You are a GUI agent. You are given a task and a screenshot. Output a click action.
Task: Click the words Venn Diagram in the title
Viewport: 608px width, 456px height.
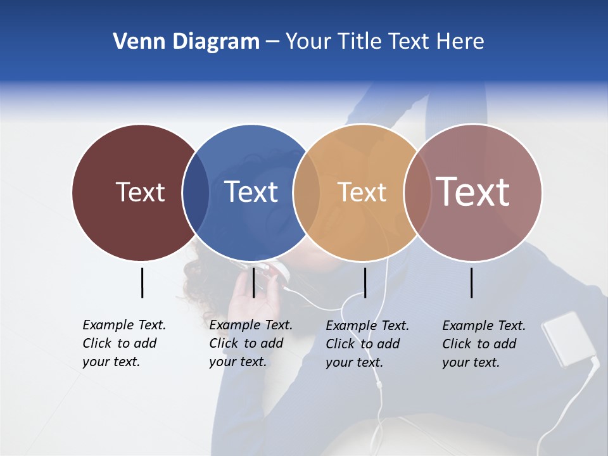pyautogui.click(x=186, y=42)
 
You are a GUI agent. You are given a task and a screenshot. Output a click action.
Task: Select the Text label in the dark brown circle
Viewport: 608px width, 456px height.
pyautogui.click(x=140, y=192)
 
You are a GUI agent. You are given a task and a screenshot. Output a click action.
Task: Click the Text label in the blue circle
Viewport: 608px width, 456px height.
pyautogui.click(x=251, y=192)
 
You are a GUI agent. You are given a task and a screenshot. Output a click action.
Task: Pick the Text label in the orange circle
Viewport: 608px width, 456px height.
pyautogui.click(x=362, y=192)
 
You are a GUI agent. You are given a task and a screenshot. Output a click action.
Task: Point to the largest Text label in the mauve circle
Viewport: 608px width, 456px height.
pyautogui.click(x=473, y=191)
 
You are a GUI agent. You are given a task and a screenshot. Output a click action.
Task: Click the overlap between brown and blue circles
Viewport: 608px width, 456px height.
pyautogui.click(x=196, y=192)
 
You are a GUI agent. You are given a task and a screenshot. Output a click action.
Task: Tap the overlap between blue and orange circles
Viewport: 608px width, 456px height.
pyautogui.click(x=307, y=192)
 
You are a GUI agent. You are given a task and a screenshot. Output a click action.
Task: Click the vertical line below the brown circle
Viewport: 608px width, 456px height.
pyautogui.click(x=142, y=282)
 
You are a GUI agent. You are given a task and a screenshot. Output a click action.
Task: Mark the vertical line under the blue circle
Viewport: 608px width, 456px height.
pyautogui.click(x=253, y=282)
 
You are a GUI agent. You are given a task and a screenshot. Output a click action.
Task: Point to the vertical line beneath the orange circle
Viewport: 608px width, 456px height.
pyautogui.click(x=365, y=282)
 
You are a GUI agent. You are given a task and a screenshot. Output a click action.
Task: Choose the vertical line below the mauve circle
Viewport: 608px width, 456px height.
pyautogui.click(x=471, y=282)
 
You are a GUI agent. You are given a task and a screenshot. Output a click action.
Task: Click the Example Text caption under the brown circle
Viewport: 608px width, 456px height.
pyautogui.click(x=124, y=343)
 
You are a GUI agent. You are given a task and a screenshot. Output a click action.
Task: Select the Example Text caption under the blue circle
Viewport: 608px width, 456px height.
pyautogui.click(x=251, y=343)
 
